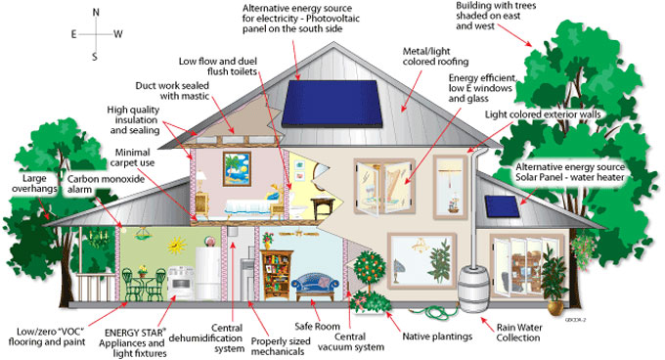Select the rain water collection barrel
pyautogui.click(x=478, y=288)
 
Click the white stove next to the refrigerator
pyautogui.click(x=180, y=280)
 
